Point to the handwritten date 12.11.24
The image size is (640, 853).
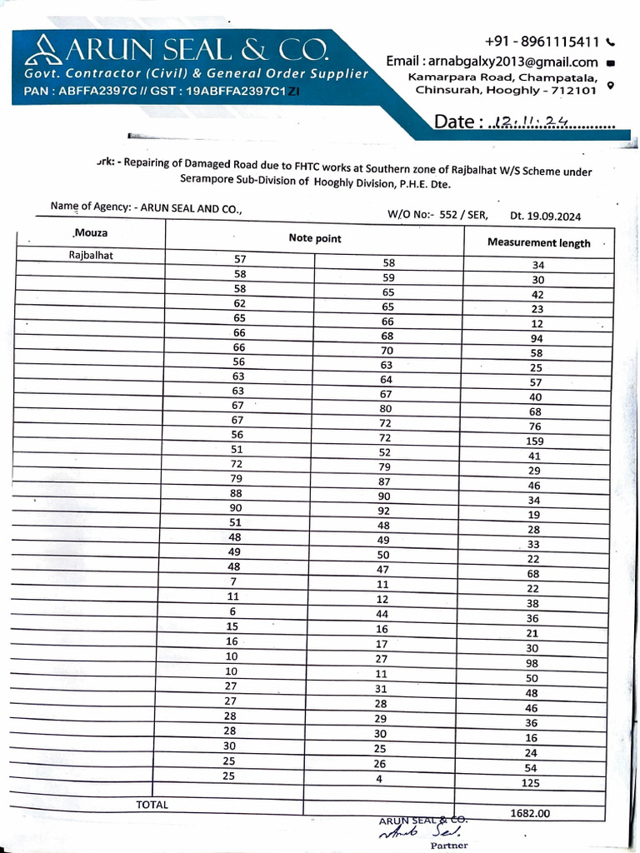point(530,122)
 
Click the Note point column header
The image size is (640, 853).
point(315,238)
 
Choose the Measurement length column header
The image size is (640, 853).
point(538,243)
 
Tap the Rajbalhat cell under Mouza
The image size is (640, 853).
point(91,256)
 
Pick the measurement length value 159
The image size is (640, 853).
point(535,441)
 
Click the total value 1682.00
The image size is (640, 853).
point(530,814)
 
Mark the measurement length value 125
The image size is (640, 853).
point(530,783)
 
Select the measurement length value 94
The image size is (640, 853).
point(537,338)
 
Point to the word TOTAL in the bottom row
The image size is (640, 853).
point(152,805)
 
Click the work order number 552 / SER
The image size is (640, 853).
point(463,215)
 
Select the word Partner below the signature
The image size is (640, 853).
point(449,846)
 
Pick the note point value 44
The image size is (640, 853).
point(383,613)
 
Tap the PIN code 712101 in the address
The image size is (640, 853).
point(569,90)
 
